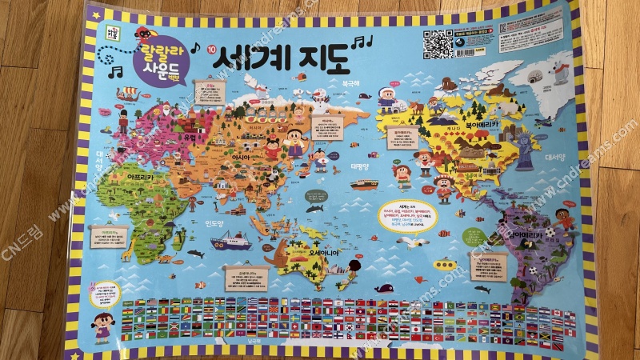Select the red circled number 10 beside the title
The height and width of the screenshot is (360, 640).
point(211,50)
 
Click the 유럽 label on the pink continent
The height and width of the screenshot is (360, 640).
point(189,137)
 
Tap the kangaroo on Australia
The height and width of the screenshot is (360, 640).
point(276,254)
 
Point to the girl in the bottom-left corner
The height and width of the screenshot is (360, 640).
point(102,324)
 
